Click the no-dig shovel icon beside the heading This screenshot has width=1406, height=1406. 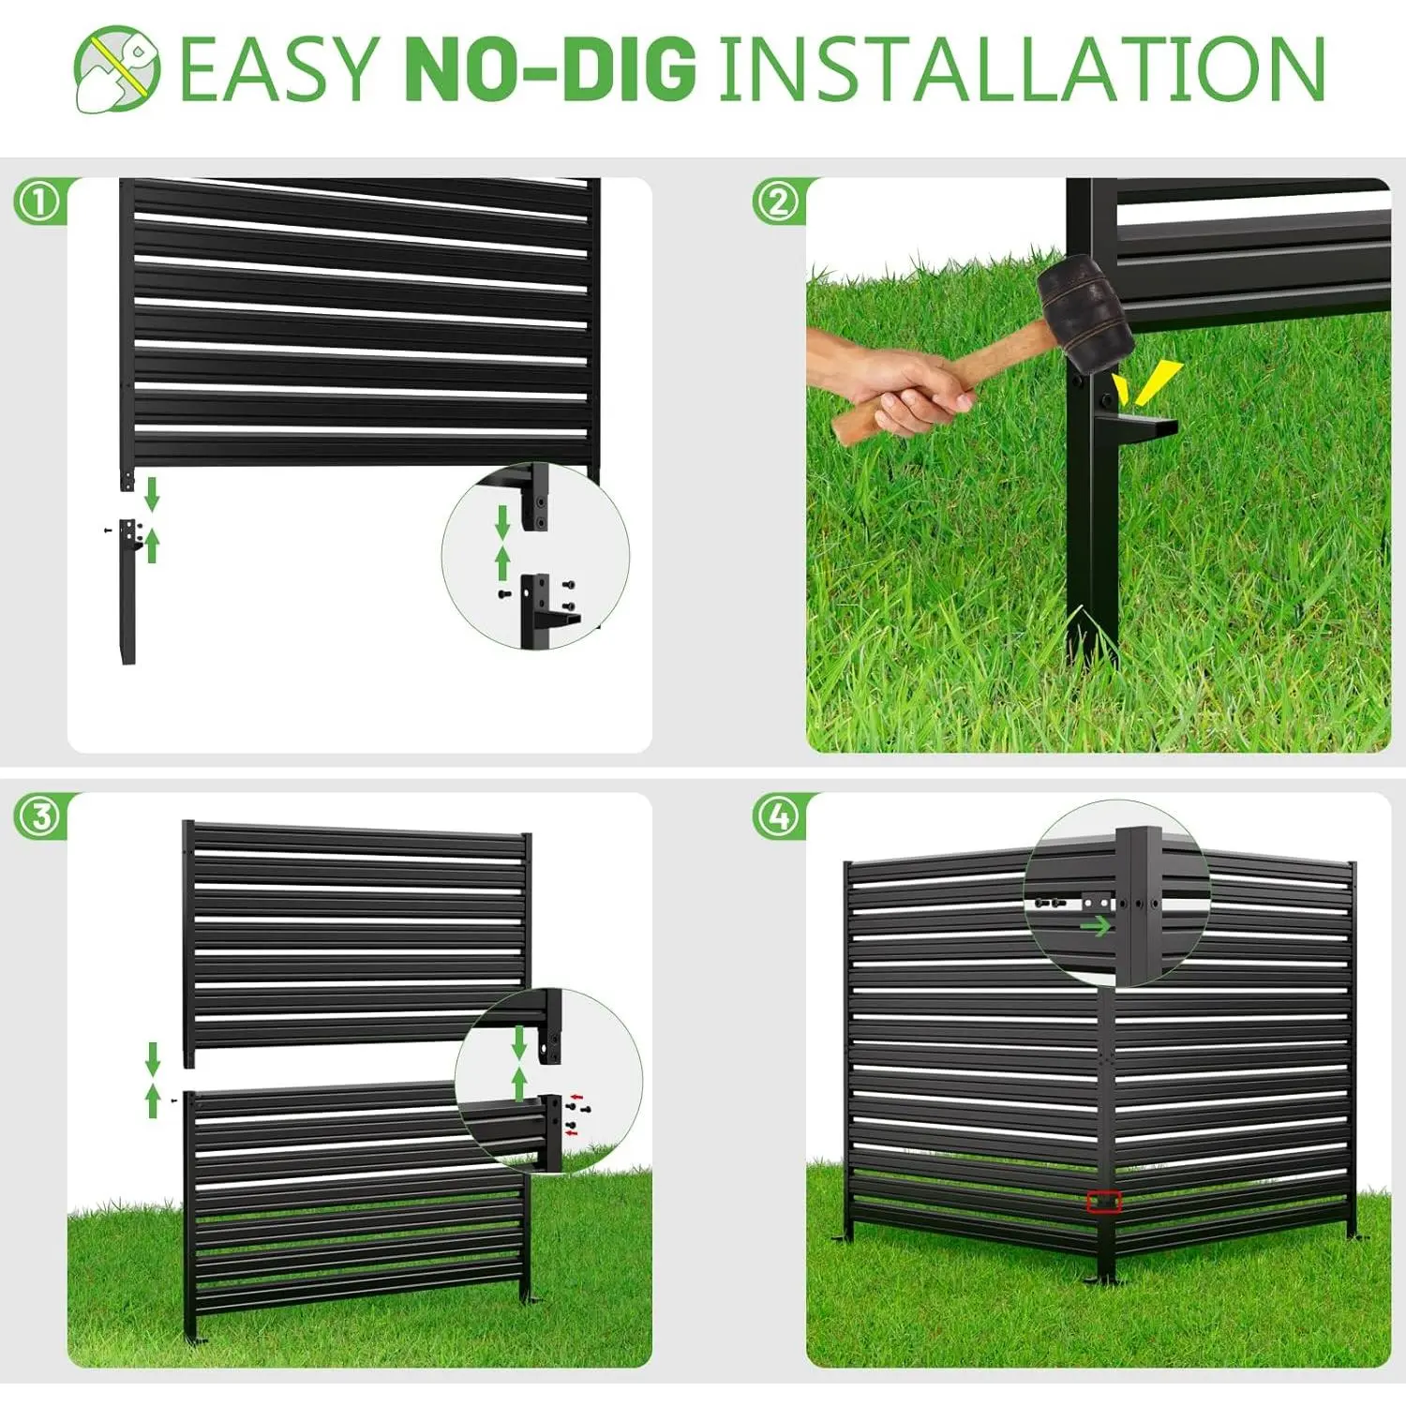[117, 68]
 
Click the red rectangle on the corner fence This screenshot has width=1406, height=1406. [1104, 1202]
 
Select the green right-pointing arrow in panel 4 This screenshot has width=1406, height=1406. [1095, 926]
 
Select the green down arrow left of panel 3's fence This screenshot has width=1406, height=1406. [153, 1060]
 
